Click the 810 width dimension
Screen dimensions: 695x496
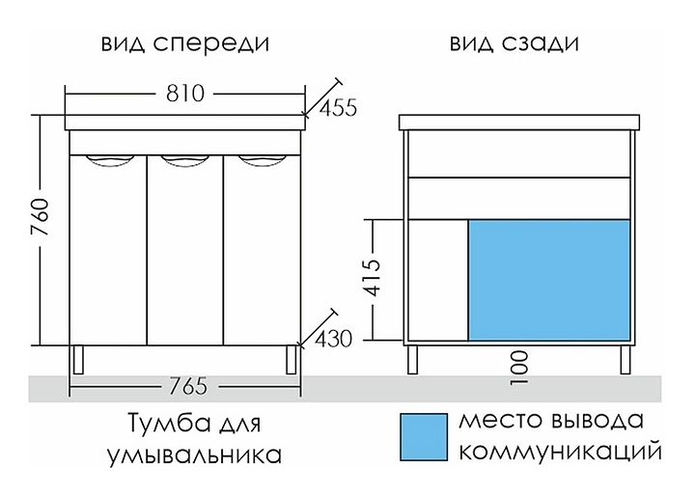(x=185, y=94)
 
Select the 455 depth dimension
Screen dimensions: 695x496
(x=338, y=108)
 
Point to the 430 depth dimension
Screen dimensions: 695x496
(x=334, y=340)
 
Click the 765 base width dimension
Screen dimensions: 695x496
(x=188, y=386)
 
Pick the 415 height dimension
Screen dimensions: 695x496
(x=372, y=278)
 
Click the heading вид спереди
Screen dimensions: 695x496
(x=185, y=44)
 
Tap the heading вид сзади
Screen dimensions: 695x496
(x=514, y=44)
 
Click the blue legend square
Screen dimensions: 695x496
(x=424, y=437)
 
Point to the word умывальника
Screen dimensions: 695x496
(x=195, y=456)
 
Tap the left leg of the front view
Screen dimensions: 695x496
(x=78, y=360)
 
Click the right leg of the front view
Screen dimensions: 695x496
(x=292, y=360)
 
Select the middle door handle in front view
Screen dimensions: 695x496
(x=184, y=160)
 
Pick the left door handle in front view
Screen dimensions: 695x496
(x=109, y=160)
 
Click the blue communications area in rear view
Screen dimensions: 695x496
(x=549, y=280)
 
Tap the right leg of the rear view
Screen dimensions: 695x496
(x=625, y=360)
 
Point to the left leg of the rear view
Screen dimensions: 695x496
(x=413, y=360)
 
